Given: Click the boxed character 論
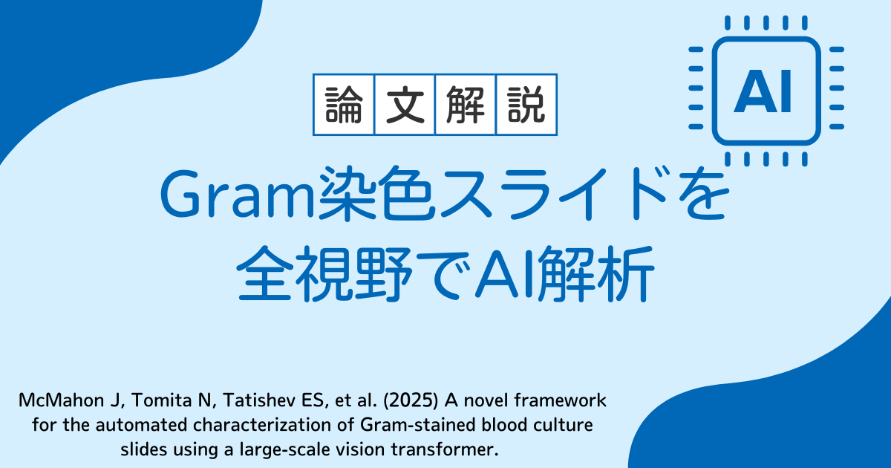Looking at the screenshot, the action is point(344,105).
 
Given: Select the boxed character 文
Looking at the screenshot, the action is point(405,105).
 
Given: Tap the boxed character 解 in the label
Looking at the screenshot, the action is point(466,105).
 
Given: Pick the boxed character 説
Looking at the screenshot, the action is point(526,105).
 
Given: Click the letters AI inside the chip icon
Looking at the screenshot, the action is point(763,91).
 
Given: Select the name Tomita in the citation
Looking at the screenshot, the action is point(160,400).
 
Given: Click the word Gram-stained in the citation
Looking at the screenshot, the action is point(418,425).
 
